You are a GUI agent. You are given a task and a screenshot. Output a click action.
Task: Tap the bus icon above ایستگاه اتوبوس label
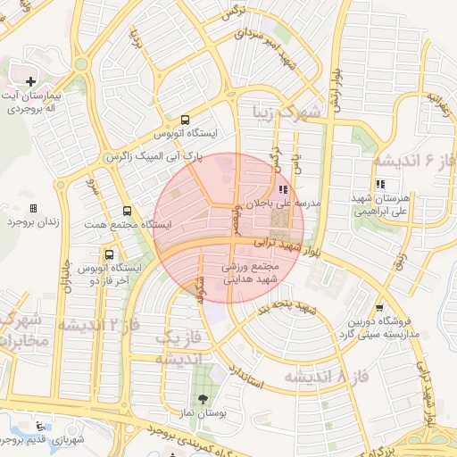click(185, 119)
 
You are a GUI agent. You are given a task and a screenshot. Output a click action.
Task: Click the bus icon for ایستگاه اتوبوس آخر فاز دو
click(109, 254)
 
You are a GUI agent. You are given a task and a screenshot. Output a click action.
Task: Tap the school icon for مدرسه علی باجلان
click(283, 188)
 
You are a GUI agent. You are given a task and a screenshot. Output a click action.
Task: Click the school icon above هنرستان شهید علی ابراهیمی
click(381, 184)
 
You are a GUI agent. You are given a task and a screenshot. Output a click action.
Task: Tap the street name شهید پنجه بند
click(288, 308)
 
